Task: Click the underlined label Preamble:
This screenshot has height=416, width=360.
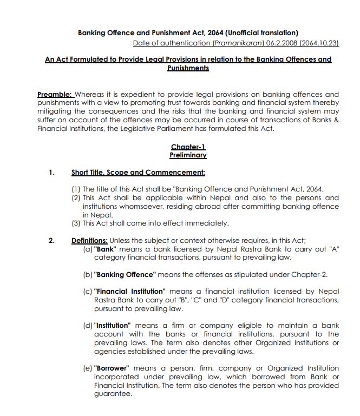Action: pyautogui.click(x=55, y=94)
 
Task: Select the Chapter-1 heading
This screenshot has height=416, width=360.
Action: pyautogui.click(x=188, y=147)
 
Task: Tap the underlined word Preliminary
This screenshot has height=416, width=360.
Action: pyautogui.click(x=188, y=155)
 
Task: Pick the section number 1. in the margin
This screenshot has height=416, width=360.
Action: pyautogui.click(x=52, y=173)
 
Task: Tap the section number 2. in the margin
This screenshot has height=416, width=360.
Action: pyautogui.click(x=52, y=241)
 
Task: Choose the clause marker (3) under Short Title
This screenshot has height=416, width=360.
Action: pyautogui.click(x=76, y=223)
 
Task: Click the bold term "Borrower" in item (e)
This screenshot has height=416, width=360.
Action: pyautogui.click(x=112, y=368)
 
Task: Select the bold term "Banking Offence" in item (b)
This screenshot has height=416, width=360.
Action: pyautogui.click(x=126, y=274)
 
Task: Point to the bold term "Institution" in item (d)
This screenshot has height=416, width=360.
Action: pyautogui.click(x=113, y=326)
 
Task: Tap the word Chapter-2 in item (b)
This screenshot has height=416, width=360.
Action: pyautogui.click(x=310, y=274)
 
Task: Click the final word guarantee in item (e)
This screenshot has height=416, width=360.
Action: pyautogui.click(x=113, y=394)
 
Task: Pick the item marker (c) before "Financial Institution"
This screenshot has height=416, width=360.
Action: pyautogui.click(x=88, y=291)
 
